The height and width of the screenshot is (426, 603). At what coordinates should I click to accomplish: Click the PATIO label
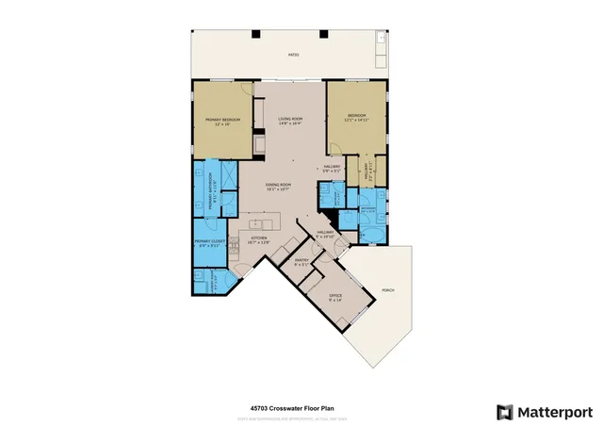[x=292, y=55]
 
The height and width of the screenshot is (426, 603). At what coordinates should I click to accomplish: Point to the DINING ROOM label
[x=278, y=187]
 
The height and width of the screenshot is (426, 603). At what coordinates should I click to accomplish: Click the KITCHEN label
[x=271, y=239]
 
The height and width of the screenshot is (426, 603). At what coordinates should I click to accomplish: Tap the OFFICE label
[x=334, y=297]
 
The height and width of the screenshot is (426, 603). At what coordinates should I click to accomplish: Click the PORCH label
[x=387, y=290]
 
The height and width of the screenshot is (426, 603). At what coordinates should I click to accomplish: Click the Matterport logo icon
[x=505, y=411]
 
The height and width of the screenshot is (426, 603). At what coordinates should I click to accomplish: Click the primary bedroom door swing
[x=246, y=91]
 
